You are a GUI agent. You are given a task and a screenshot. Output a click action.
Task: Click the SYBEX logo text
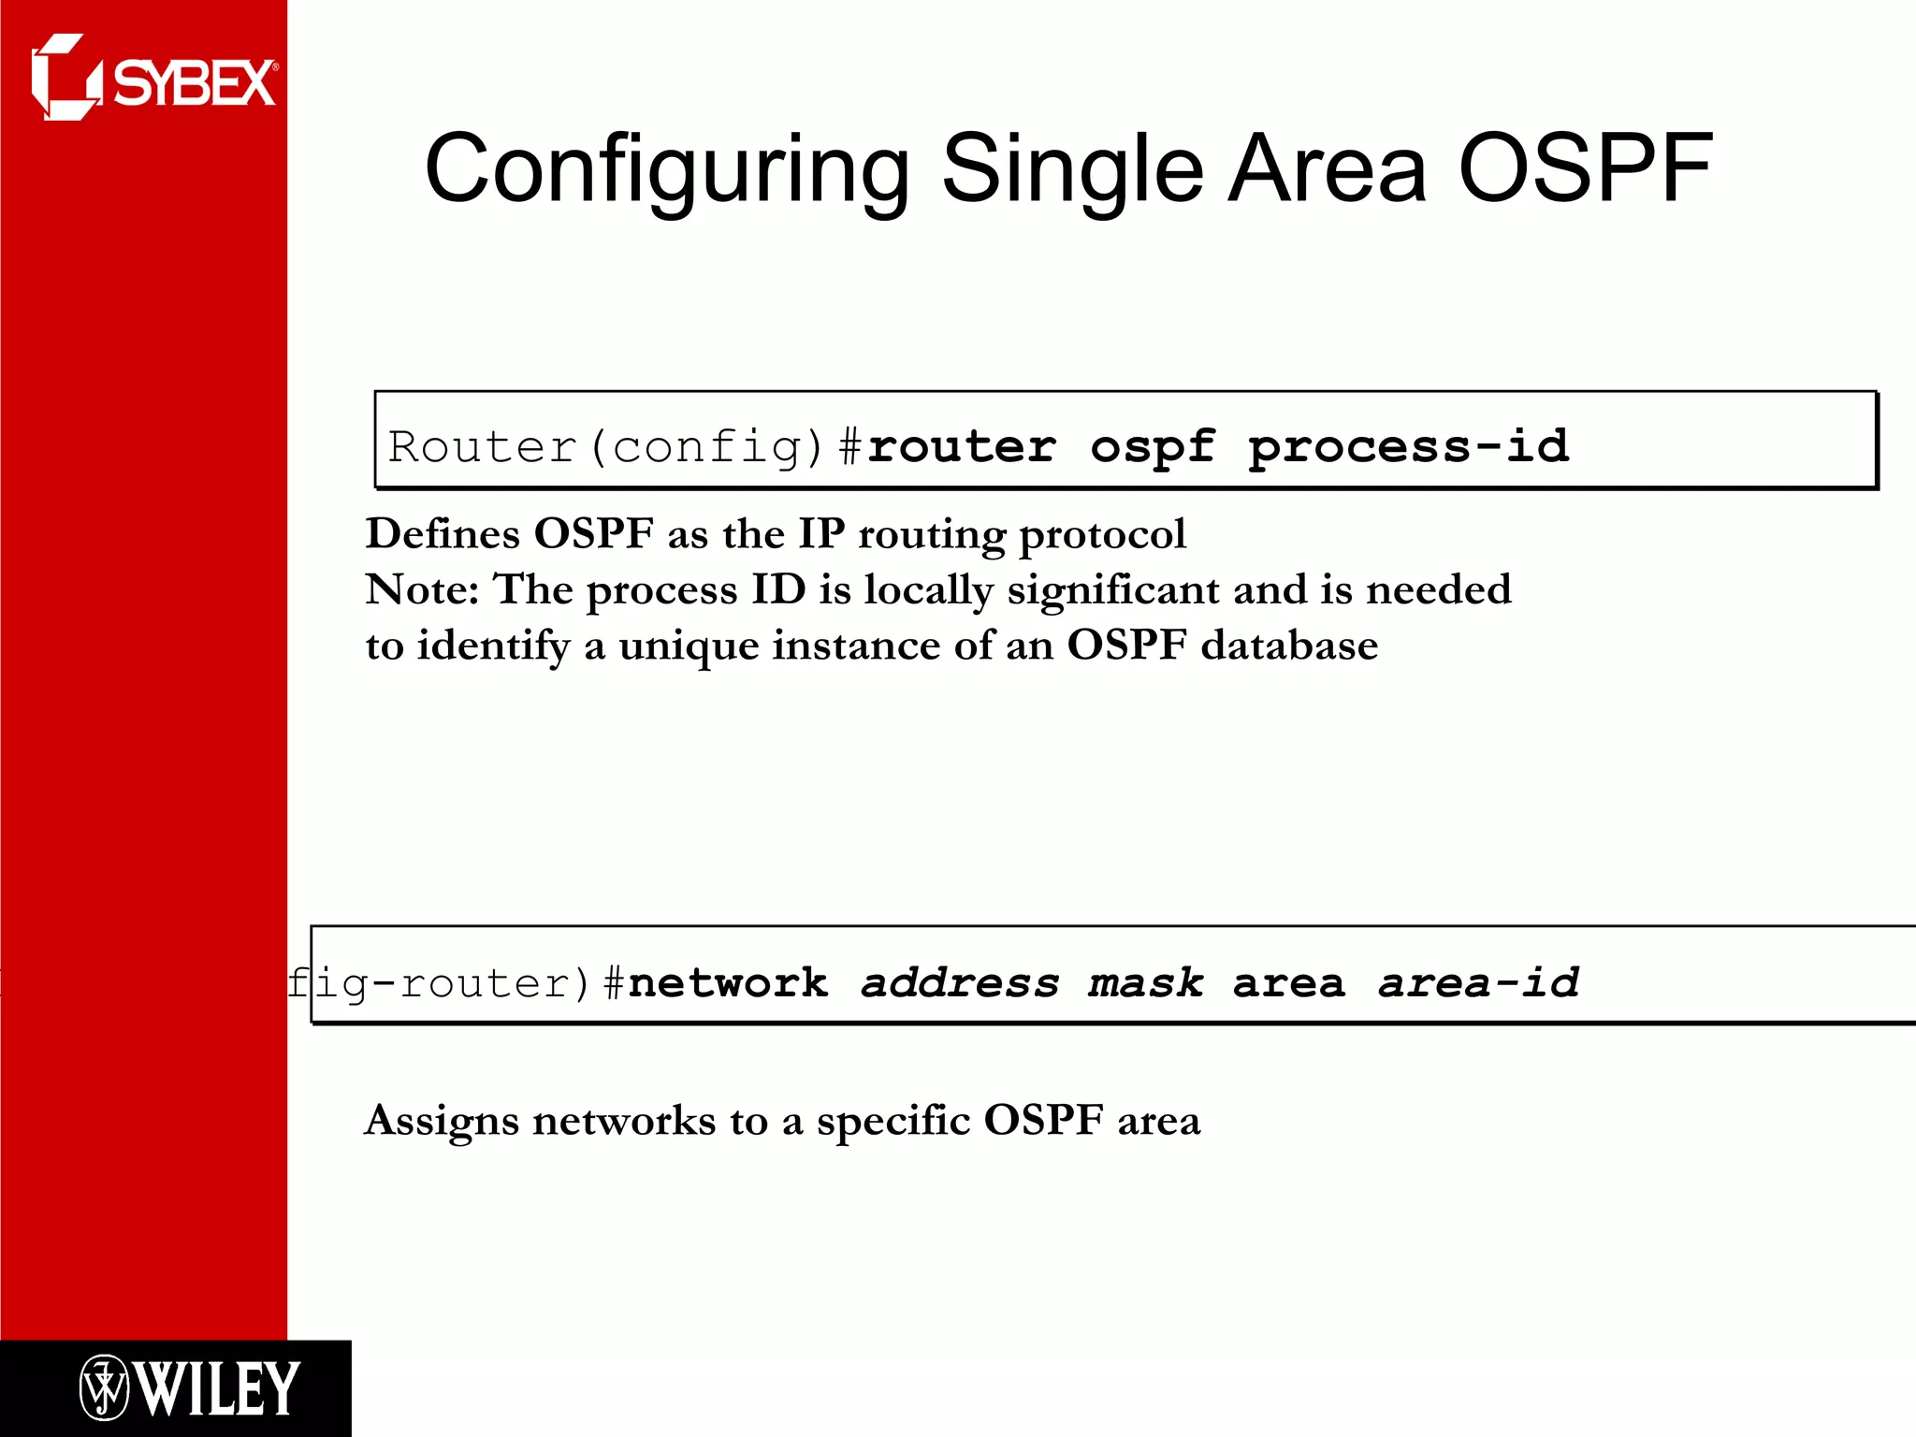[195, 84]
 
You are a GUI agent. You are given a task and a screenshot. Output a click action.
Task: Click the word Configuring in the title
[666, 170]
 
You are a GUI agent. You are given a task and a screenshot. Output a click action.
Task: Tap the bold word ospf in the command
[1152, 446]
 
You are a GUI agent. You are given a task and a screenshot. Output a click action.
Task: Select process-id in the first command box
[1408, 446]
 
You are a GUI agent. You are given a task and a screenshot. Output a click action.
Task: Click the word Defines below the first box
[442, 534]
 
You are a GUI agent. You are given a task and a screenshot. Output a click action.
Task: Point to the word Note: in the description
[421, 589]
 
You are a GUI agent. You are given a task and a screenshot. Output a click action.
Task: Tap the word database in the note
[1289, 646]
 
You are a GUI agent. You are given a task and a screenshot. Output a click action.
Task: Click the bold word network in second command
[728, 982]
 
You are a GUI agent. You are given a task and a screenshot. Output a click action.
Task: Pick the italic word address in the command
[960, 982]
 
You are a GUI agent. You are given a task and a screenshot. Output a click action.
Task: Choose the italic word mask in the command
[1145, 982]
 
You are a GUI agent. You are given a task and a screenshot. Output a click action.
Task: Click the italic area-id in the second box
[1478, 982]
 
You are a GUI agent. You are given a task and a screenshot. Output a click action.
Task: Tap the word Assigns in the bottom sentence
[441, 1122]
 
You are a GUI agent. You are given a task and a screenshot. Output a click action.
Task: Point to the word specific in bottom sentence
[893, 1122]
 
